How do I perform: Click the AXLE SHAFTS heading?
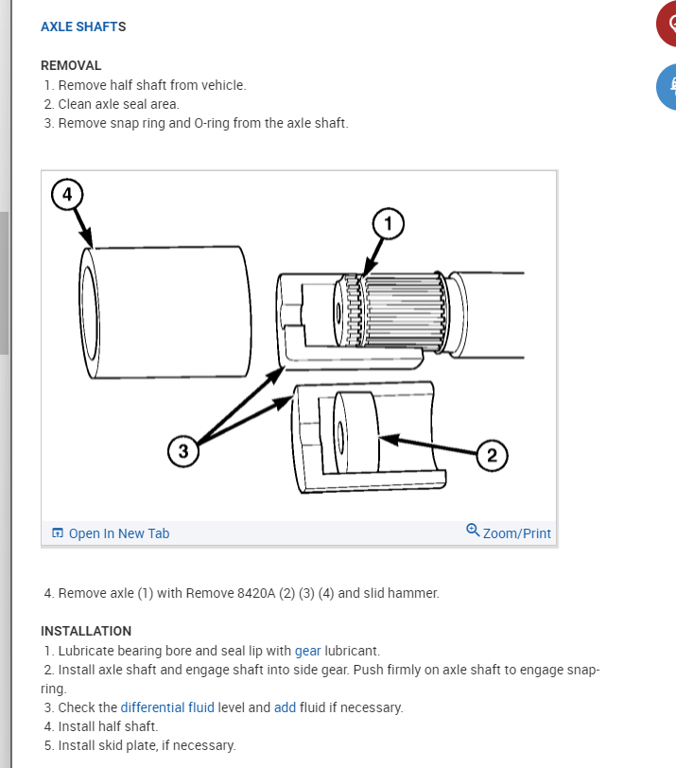83,26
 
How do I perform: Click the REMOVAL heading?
71,65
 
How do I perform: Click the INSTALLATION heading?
86,631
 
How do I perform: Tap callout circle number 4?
67,195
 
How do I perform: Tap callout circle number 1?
389,224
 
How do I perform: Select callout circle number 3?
183,451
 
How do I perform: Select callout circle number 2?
492,456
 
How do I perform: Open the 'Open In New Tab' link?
111,533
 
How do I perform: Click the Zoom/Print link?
517,533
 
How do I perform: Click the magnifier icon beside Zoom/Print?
473,530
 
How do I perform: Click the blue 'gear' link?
308,651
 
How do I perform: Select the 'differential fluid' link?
167,707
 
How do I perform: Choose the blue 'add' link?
285,707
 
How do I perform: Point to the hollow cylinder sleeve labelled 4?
165,312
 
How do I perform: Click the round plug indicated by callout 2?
356,432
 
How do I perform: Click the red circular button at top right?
667,24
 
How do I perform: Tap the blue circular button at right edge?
667,87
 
